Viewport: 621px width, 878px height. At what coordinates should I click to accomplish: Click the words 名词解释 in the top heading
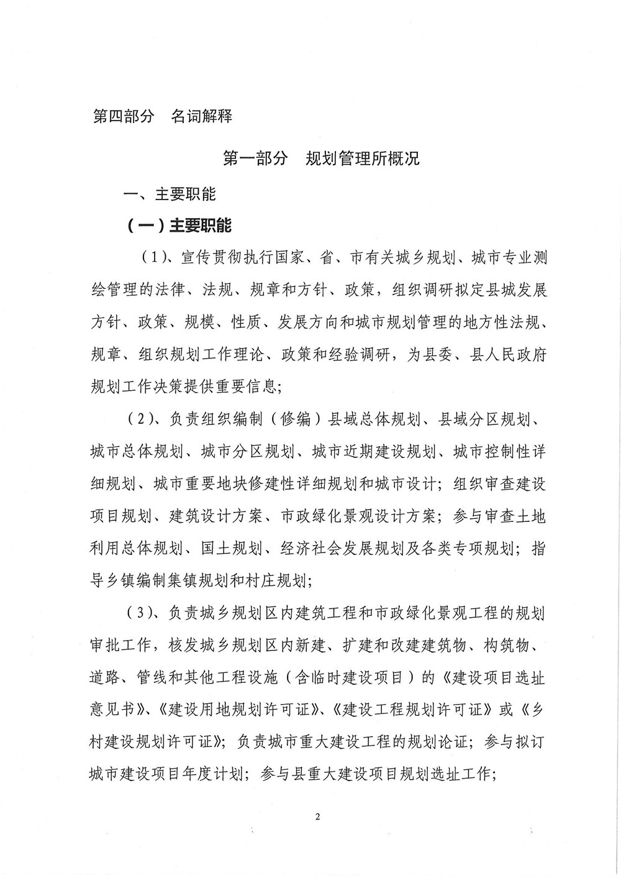coord(201,116)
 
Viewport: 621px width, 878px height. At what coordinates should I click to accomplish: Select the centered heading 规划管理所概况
coord(363,158)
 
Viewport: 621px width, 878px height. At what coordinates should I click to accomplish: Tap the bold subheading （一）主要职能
coord(179,225)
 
